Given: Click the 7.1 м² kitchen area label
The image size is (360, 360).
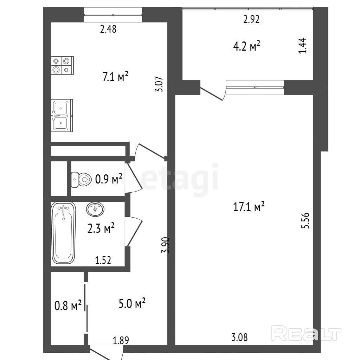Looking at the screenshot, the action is pyautogui.click(x=115, y=77).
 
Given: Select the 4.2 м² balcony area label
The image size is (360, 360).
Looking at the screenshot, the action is pyautogui.click(x=246, y=46).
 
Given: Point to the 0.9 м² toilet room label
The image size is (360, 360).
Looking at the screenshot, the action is pyautogui.click(x=109, y=179).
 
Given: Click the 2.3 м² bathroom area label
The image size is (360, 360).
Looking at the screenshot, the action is pyautogui.click(x=101, y=228).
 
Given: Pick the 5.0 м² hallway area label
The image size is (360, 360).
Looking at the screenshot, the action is pyautogui.click(x=132, y=303).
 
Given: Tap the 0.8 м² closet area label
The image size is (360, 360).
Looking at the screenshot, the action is pyautogui.click(x=68, y=306).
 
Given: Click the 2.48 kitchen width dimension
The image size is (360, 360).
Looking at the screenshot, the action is pyautogui.click(x=108, y=30).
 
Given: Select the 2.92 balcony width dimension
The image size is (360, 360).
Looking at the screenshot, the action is pyautogui.click(x=251, y=20).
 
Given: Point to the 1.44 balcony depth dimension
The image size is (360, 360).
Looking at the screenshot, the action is pyautogui.click(x=302, y=45).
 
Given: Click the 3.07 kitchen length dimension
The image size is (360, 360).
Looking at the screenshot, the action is pyautogui.click(x=159, y=84).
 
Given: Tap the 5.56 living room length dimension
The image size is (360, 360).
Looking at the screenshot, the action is pyautogui.click(x=306, y=221).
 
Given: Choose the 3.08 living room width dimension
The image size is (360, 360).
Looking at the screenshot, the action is pyautogui.click(x=239, y=337).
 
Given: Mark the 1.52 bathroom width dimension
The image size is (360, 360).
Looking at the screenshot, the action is pyautogui.click(x=103, y=260).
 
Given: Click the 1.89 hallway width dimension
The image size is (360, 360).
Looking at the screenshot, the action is pyautogui.click(x=121, y=340).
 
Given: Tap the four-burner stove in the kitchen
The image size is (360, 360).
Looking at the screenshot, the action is pyautogui.click(x=63, y=65).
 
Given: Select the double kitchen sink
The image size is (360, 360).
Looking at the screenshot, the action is pyautogui.click(x=62, y=115).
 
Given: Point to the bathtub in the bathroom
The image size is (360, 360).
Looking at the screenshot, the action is pyautogui.click(x=64, y=233).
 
